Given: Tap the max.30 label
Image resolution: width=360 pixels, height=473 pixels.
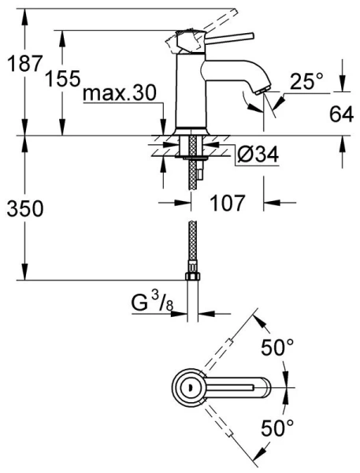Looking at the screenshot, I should coord(121,95).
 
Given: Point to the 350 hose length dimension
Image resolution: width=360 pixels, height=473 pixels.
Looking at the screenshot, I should coord(23,209).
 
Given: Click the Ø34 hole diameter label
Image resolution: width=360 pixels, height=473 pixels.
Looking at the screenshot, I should coord(258,155).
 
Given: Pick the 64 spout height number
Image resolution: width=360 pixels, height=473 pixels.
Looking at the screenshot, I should coord(340,116).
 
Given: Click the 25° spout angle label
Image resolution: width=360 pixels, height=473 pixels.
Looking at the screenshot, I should coord(306,80).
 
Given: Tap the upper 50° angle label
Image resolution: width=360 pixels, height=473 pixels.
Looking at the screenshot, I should coord(277,347).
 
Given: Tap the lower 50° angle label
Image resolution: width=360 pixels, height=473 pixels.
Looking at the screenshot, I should coord(277,428).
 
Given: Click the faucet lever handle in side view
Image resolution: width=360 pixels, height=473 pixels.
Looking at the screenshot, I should coord(228,36).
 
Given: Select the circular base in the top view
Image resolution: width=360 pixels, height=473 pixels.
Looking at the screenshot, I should coord(190,386).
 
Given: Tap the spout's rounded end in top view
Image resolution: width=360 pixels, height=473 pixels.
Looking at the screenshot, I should coord(266,386).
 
